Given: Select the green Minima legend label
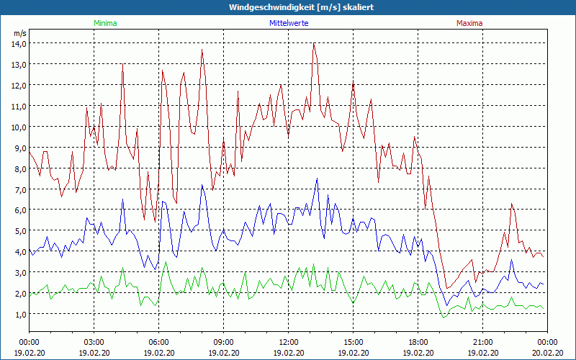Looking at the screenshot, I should click(105, 23).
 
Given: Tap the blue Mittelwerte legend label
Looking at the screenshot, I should click(289, 23).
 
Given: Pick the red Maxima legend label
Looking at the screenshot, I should click(470, 23).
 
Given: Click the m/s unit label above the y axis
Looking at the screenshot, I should click(19, 33).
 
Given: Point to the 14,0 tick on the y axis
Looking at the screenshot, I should click(18, 43).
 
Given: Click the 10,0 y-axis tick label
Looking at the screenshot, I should click(18, 127).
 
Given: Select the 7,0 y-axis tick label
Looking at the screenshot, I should click(18, 189).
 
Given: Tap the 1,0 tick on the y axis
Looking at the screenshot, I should click(18, 315).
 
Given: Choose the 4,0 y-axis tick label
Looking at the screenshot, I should click(18, 252).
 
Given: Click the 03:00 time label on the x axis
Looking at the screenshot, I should click(94, 341).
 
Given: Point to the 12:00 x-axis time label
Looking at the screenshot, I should click(288, 341).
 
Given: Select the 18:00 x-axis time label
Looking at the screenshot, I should click(418, 341).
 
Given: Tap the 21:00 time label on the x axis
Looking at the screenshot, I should click(482, 341).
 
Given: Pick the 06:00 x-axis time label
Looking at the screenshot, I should click(158, 341).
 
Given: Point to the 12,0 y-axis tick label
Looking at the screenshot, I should click(18, 85).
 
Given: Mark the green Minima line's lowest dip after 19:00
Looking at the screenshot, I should click(444, 317).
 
